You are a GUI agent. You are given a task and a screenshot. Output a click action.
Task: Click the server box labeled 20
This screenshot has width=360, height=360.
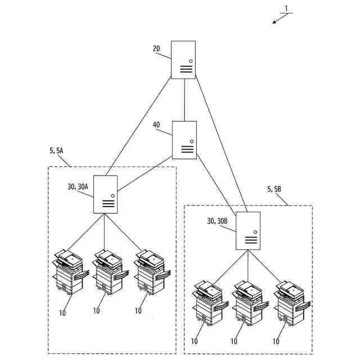tap(183, 60)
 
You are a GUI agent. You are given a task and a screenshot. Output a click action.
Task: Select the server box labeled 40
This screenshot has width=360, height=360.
tap(184, 140)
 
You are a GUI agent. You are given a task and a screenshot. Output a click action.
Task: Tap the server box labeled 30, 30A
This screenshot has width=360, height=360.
tap(106, 194)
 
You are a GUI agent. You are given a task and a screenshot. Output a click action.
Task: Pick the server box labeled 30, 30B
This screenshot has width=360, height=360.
tap(248, 231)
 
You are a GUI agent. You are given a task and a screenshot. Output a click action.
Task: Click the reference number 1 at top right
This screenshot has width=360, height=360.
tap(286, 8)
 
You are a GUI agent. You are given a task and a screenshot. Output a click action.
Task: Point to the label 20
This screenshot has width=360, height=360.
tap(156, 49)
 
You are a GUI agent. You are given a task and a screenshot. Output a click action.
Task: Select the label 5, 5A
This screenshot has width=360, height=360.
tap(57, 151)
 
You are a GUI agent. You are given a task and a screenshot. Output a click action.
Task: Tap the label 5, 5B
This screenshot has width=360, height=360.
tap(274, 189)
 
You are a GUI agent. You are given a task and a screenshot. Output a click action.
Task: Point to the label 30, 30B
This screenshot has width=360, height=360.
tap(217, 221)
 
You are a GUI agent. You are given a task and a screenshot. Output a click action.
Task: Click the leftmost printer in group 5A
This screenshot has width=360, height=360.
tap(69, 272)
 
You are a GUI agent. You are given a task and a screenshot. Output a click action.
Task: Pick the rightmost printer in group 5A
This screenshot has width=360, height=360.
tap(151, 272)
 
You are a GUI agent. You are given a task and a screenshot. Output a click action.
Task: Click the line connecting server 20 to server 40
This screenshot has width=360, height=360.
tap(184, 100)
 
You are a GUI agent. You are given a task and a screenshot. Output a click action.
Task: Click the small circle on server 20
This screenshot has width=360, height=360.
tap(190, 61)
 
